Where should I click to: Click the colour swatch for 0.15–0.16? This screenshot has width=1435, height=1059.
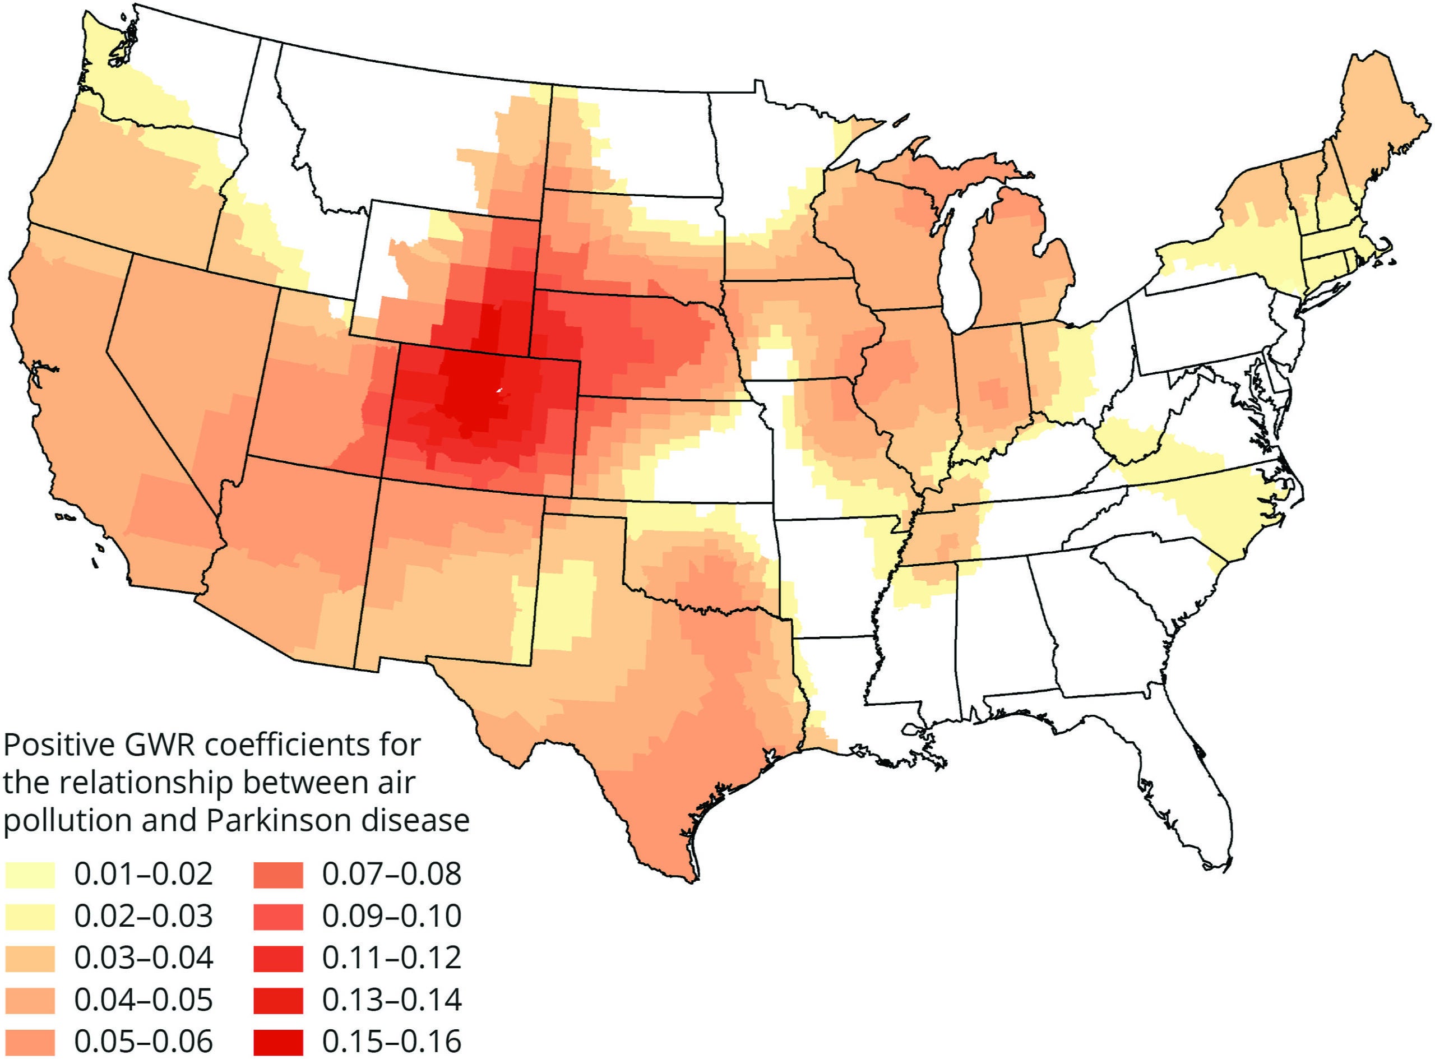point(277,1041)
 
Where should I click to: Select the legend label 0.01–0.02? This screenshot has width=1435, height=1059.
point(143,875)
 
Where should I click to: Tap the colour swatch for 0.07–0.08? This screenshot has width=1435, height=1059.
point(277,875)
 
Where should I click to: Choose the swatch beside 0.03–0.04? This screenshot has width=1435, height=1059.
point(30,958)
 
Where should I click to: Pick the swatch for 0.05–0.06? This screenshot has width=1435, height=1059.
point(30,1041)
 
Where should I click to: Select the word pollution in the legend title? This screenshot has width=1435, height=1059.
point(67,821)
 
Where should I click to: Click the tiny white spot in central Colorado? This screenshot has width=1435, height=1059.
point(499,390)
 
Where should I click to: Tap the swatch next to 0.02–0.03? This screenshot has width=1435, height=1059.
point(30,916)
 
